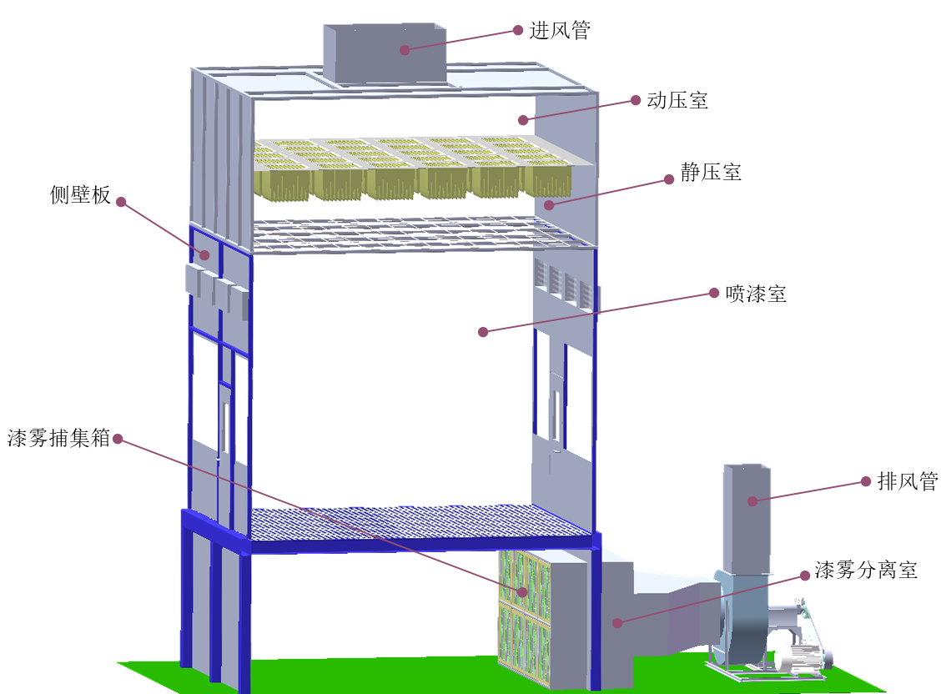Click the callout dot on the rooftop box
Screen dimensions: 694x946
(x=405, y=50)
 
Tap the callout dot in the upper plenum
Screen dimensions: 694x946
(x=523, y=120)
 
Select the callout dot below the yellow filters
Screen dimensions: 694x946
(x=548, y=204)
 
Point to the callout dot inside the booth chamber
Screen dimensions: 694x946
(x=482, y=332)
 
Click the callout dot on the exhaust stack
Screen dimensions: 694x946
(x=752, y=501)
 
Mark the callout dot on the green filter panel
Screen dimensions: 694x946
(x=523, y=591)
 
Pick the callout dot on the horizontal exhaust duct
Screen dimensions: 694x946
(x=617, y=622)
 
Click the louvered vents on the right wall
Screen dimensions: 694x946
(x=564, y=284)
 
